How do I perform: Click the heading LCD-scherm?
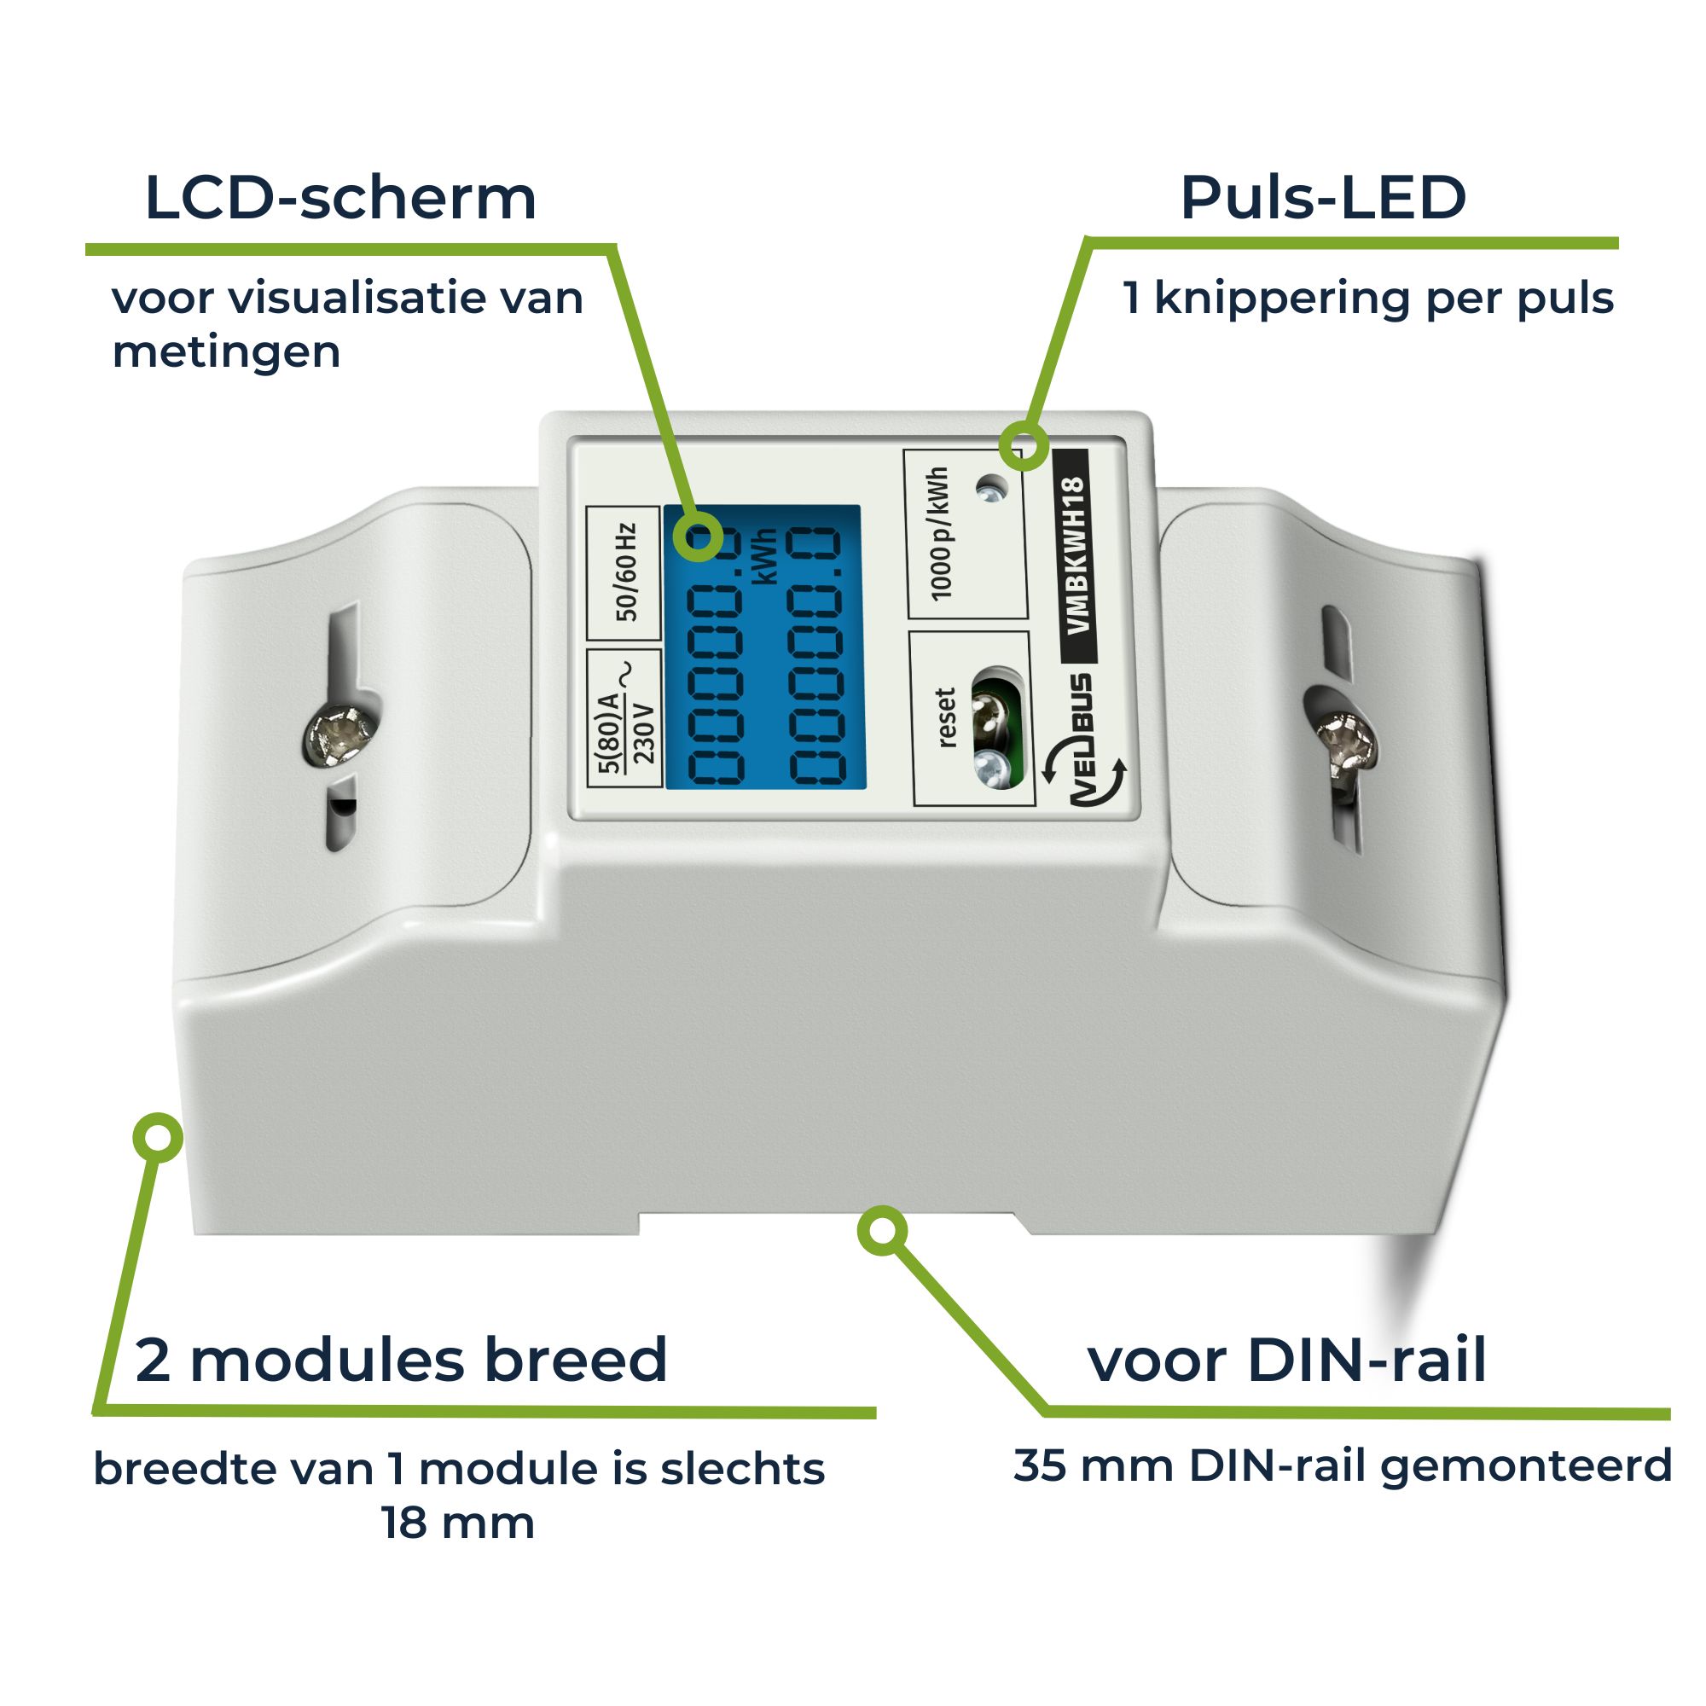pyautogui.click(x=340, y=198)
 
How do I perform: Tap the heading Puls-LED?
pyautogui.click(x=1323, y=198)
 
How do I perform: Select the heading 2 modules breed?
pyautogui.click(x=401, y=1361)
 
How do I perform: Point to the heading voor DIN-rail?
pyautogui.click(x=1287, y=1361)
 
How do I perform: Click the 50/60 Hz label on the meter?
pyautogui.click(x=625, y=572)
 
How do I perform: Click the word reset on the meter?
pyautogui.click(x=946, y=717)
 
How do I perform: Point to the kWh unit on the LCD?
pyautogui.click(x=767, y=556)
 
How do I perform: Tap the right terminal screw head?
pyautogui.click(x=1346, y=742)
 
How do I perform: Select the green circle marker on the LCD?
pyautogui.click(x=698, y=536)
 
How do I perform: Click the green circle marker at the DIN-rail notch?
pyautogui.click(x=882, y=1230)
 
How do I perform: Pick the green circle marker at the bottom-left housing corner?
pyautogui.click(x=157, y=1137)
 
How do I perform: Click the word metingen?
pyautogui.click(x=226, y=352)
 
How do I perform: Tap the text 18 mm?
pyautogui.click(x=457, y=1523)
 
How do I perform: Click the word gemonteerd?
pyautogui.click(x=1526, y=1466)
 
